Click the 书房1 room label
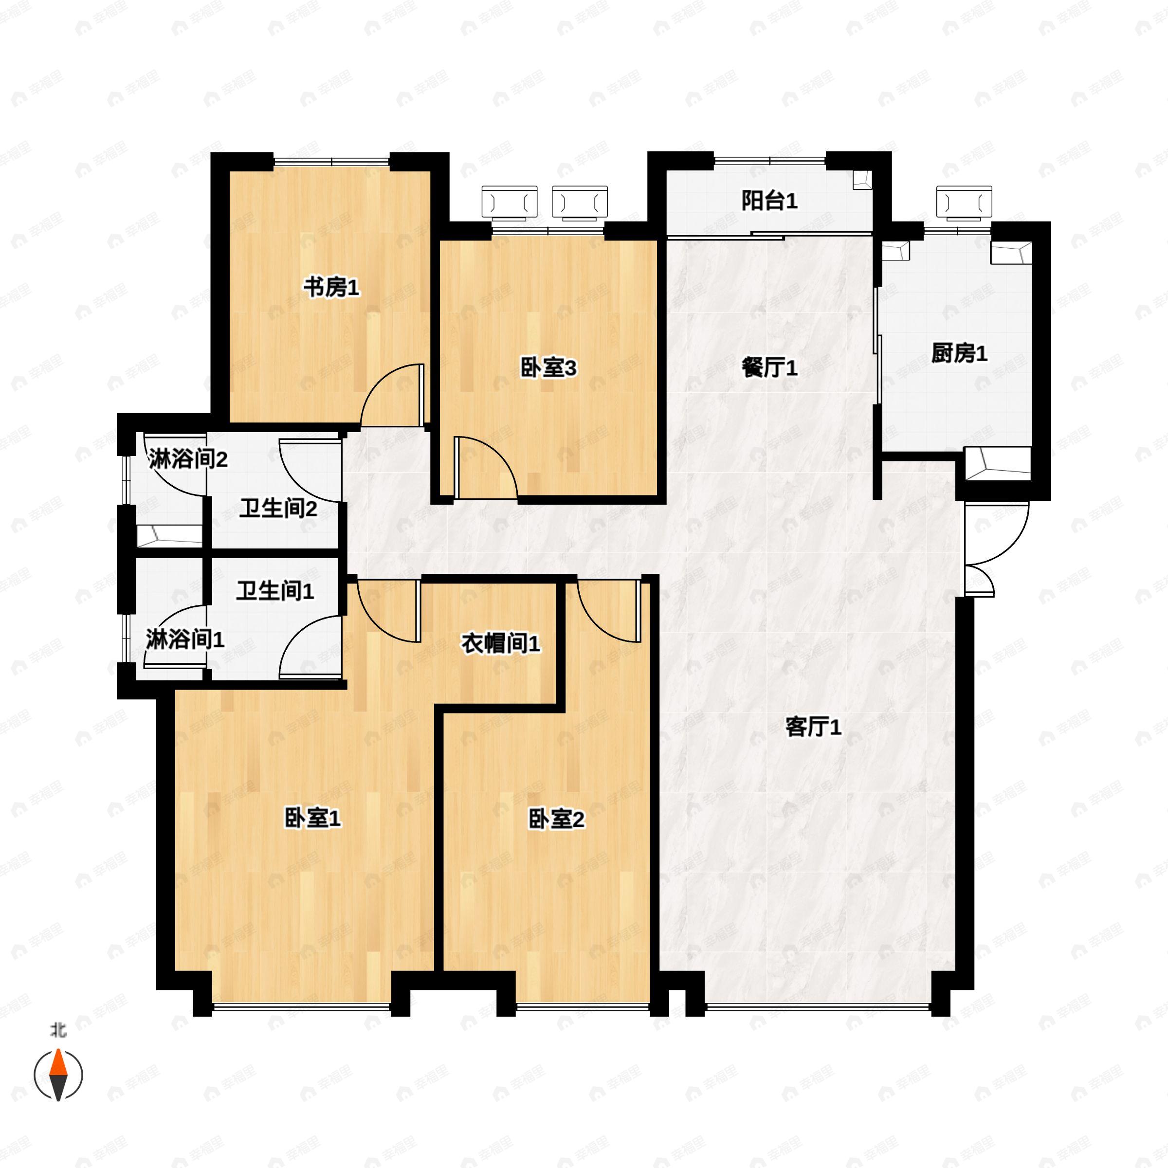coord(331,287)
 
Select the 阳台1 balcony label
coord(769,201)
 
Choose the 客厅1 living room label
coord(813,727)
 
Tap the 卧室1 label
coord(312,819)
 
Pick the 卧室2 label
coord(556,820)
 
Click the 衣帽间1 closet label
coord(501,644)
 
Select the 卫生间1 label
coord(275,591)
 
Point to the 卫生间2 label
coord(278,509)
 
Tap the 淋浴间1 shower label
coord(185,639)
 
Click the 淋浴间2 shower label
coord(188,459)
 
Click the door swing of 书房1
coord(393,396)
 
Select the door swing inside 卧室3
coord(484,469)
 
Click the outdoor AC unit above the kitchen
coord(964,202)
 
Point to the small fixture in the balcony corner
coord(862,180)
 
